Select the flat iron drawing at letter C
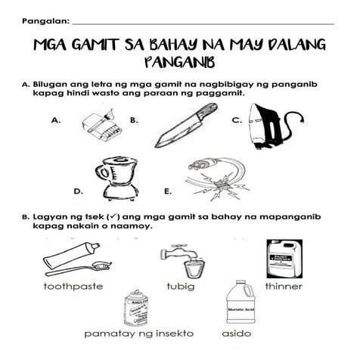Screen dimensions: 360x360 coord(271,126)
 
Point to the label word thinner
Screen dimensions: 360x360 coord(284,287)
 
